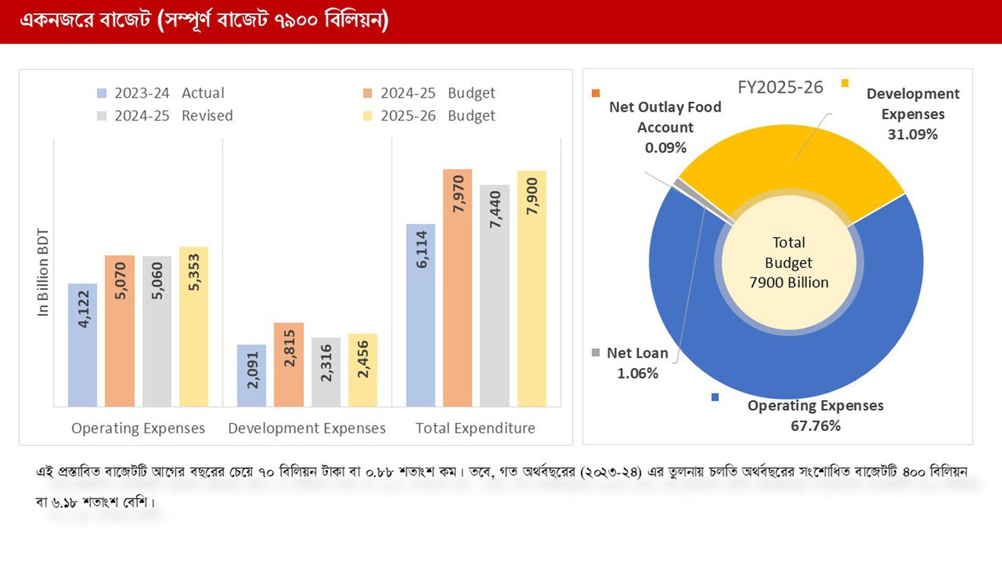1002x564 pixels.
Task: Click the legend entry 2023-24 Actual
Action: pyautogui.click(x=169, y=93)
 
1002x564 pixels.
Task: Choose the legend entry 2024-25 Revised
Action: pyautogui.click(x=173, y=116)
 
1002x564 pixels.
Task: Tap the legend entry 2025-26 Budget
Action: pyautogui.click(x=437, y=116)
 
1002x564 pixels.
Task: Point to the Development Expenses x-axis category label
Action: pyautogui.click(x=307, y=428)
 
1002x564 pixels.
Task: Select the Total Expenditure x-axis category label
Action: pyautogui.click(x=475, y=428)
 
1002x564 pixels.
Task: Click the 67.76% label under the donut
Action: pyautogui.click(x=815, y=426)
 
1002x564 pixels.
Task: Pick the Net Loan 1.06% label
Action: pyautogui.click(x=637, y=364)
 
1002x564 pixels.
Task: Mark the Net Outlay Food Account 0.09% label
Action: pyautogui.click(x=665, y=127)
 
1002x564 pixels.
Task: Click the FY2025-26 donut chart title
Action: pyautogui.click(x=780, y=87)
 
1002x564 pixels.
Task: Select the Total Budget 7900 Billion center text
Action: pyautogui.click(x=789, y=262)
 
